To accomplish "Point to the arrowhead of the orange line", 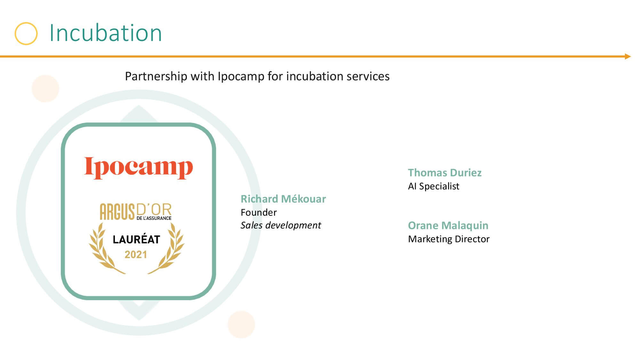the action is click(628, 57).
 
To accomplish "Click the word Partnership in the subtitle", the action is click(156, 76).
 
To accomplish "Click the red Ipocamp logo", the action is click(138, 168).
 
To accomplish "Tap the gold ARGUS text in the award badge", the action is click(117, 212).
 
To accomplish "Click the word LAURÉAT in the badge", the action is click(136, 239).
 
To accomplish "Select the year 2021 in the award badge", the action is click(136, 255).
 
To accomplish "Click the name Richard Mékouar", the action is click(283, 199).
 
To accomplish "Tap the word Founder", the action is click(259, 212).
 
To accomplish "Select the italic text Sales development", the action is click(281, 225).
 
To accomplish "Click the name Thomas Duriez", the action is click(444, 172).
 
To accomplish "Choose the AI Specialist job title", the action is click(434, 186).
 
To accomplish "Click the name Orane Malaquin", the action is click(448, 225).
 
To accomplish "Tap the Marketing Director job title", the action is click(449, 239).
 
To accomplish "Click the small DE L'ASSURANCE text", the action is click(154, 218).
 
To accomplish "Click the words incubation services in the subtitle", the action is click(338, 76).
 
